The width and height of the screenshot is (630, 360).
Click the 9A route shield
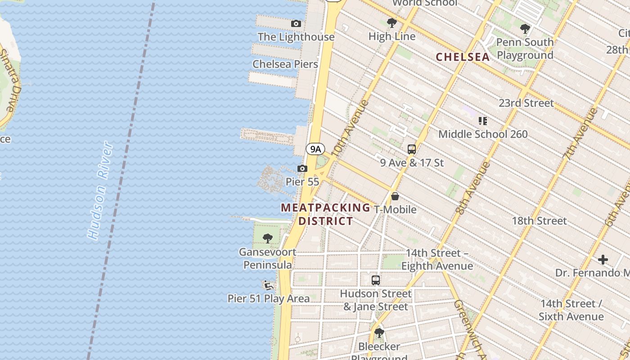pos(315,149)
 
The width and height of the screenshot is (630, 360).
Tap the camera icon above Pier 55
pos(302,169)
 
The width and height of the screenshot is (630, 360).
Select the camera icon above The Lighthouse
pos(296,23)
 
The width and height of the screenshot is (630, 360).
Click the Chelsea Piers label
pos(285,64)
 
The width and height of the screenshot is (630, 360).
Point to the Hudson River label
pos(100,190)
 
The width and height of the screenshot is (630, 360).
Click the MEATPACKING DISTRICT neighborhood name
pos(325,214)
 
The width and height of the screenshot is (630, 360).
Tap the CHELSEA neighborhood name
pos(463,57)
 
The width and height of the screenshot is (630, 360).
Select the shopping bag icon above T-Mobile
pos(395,196)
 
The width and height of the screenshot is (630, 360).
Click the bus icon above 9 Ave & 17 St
pos(411,149)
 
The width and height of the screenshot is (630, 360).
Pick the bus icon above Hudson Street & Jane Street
pos(375,280)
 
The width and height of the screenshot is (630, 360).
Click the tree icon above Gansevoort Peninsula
pos(268,238)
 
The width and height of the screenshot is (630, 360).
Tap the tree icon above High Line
pos(391,22)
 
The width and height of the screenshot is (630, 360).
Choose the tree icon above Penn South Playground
pos(525,29)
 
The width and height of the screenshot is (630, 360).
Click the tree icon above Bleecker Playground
pos(379,333)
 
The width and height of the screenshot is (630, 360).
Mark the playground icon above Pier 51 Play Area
pos(269,285)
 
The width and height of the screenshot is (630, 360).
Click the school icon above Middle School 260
pos(483,121)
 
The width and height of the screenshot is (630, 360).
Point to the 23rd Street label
pos(526,103)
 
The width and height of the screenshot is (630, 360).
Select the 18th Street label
pos(539,221)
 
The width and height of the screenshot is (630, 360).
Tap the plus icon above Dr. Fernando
pos(603,260)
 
